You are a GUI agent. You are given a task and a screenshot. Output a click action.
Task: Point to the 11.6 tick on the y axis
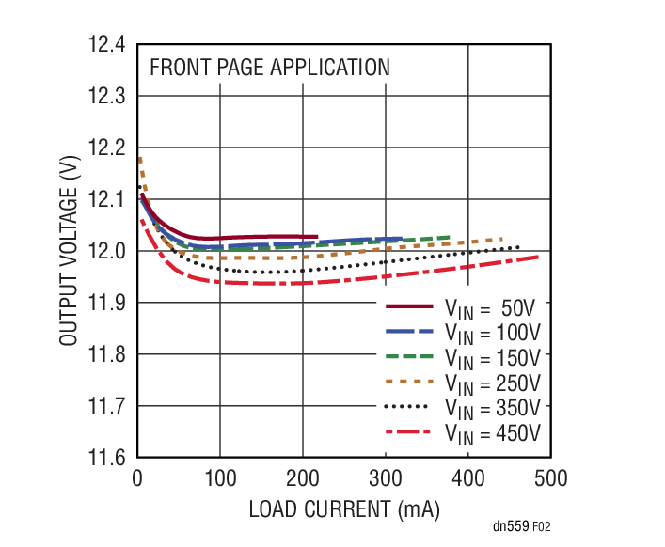(x=107, y=458)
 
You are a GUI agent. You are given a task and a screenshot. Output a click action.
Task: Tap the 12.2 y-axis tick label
(x=107, y=148)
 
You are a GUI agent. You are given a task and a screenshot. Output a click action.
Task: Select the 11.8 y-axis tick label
(x=107, y=354)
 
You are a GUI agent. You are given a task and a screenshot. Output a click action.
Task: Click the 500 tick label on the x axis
(x=550, y=478)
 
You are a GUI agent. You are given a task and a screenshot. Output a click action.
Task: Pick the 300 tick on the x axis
(x=385, y=478)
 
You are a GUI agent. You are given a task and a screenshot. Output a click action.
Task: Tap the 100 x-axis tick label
(x=219, y=478)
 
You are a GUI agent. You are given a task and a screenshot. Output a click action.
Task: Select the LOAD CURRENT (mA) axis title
(x=344, y=509)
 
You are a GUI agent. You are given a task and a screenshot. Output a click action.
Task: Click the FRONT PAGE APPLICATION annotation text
(x=269, y=68)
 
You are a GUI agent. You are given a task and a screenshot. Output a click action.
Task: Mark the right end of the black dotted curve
(x=517, y=247)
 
